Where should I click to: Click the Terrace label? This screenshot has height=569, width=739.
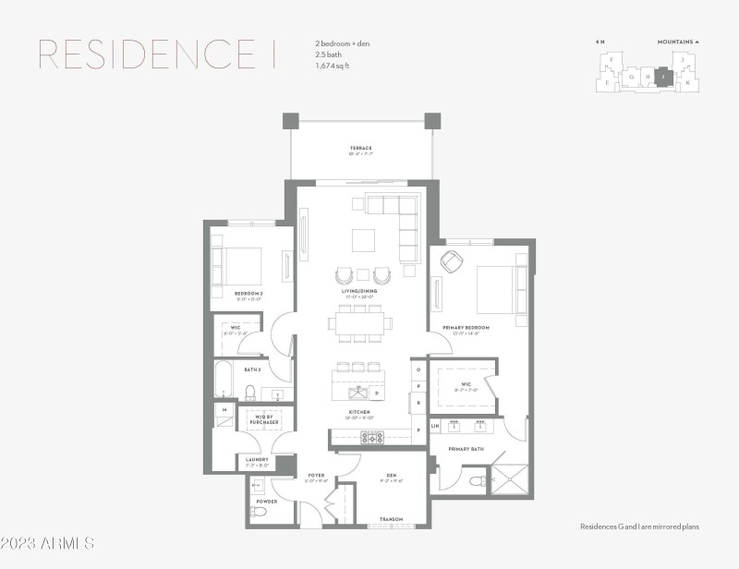(360, 148)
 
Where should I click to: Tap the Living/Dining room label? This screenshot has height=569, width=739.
(359, 291)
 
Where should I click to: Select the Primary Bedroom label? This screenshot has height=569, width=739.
(466, 327)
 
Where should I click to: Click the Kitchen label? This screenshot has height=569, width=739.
(359, 411)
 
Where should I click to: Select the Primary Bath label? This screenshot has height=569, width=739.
(466, 449)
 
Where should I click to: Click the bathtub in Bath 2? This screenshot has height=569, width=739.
(224, 379)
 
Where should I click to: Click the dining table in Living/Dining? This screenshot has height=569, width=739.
(359, 323)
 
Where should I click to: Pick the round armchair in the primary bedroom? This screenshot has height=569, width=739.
(451, 262)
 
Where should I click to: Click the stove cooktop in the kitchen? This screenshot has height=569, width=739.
(371, 436)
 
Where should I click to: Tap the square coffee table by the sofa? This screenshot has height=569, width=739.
(363, 240)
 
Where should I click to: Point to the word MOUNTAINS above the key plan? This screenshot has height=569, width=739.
(675, 42)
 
